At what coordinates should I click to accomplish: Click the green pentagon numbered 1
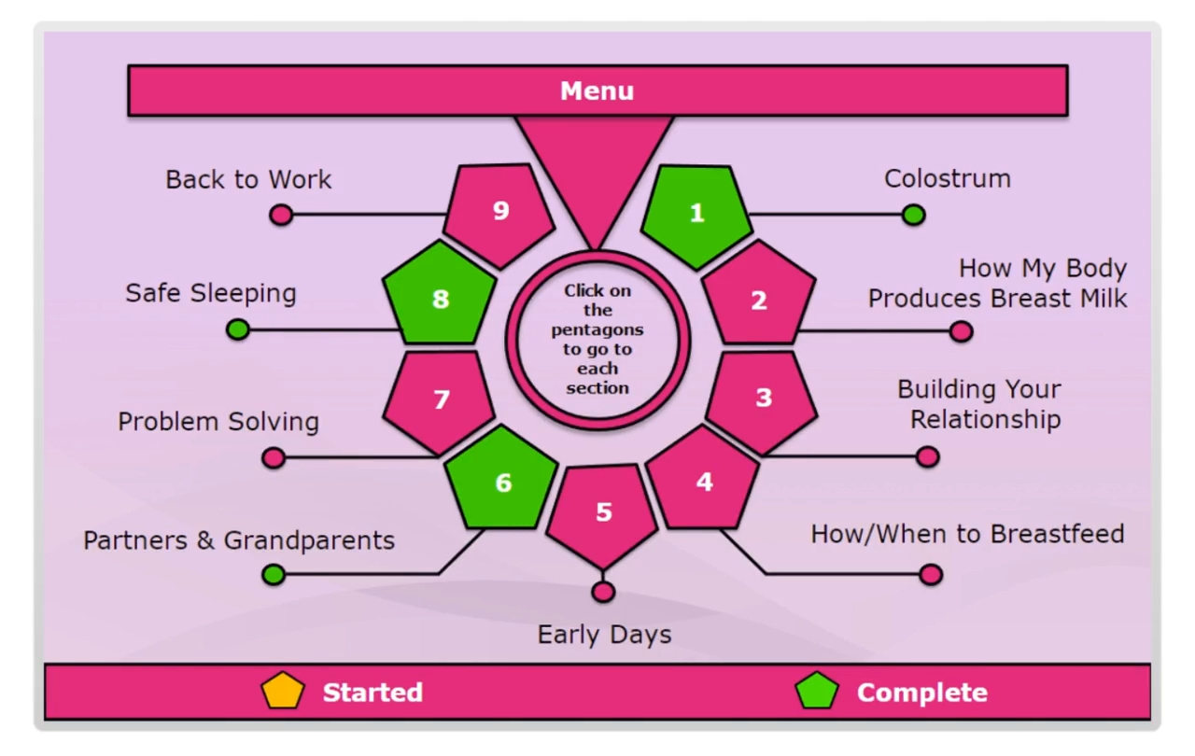click(x=697, y=214)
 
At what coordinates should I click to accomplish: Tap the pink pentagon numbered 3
click(x=763, y=399)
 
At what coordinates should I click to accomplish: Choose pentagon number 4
click(x=704, y=481)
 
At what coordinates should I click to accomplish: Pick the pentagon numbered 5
click(x=603, y=512)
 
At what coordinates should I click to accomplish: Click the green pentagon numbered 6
click(x=502, y=482)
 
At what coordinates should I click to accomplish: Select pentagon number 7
click(x=441, y=399)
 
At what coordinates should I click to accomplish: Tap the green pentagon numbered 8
click(x=441, y=299)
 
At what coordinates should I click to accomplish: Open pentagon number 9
click(x=500, y=212)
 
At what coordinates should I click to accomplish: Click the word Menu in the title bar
click(x=597, y=91)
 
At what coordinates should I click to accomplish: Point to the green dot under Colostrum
click(x=913, y=216)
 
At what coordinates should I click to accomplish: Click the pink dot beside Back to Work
click(x=281, y=216)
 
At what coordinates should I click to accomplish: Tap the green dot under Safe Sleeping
click(x=238, y=329)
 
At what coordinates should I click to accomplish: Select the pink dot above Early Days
click(x=603, y=592)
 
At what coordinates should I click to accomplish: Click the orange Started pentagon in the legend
click(x=283, y=692)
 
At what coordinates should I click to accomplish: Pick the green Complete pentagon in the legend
click(x=817, y=692)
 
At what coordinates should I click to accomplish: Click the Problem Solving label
click(x=218, y=422)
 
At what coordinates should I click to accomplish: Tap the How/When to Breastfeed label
click(x=967, y=534)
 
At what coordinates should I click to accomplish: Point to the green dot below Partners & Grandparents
click(x=274, y=574)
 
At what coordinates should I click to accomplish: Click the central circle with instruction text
click(x=597, y=339)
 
